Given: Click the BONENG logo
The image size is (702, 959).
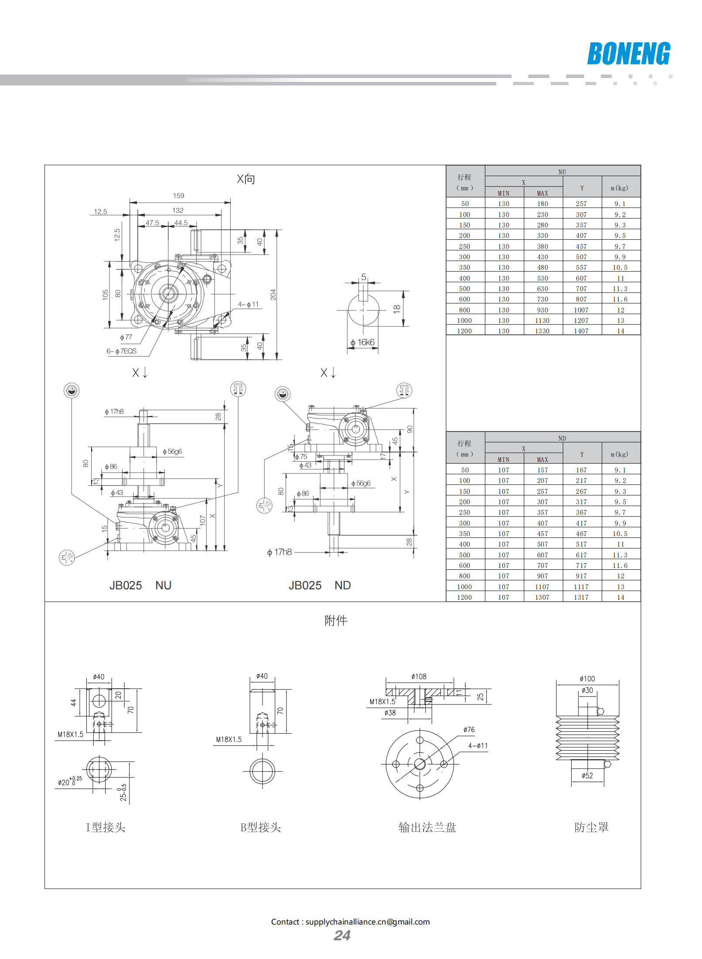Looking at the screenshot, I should [x=628, y=54].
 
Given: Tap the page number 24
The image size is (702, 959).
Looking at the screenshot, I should [x=342, y=935].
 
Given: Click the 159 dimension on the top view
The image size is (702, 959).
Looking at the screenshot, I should [x=178, y=196].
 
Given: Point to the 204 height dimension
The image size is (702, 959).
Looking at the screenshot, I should [x=273, y=295].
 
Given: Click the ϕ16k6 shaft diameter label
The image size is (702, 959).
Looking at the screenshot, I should [x=362, y=343].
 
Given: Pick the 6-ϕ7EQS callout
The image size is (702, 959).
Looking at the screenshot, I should [x=122, y=351].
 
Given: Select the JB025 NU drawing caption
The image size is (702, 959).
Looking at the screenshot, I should [x=140, y=585].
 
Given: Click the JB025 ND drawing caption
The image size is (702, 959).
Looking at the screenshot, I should [x=320, y=585].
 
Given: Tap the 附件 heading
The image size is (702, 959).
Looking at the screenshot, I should [x=336, y=620].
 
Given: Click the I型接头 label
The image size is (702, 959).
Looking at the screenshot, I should [x=106, y=827].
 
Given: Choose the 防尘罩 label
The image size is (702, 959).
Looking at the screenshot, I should [x=591, y=827].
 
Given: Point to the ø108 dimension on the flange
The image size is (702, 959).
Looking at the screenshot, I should [x=419, y=677].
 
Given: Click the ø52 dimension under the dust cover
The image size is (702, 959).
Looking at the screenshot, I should [x=587, y=775].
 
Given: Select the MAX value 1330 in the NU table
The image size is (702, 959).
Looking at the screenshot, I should [x=542, y=331].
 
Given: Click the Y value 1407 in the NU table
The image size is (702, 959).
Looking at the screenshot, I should [x=581, y=331].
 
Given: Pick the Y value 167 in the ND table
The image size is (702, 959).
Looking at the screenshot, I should [x=581, y=470].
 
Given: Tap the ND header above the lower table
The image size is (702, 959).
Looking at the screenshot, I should [x=562, y=438].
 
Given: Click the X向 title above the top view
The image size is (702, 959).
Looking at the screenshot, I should [x=246, y=179].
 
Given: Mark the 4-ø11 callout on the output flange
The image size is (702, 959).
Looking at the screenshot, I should [x=478, y=746].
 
